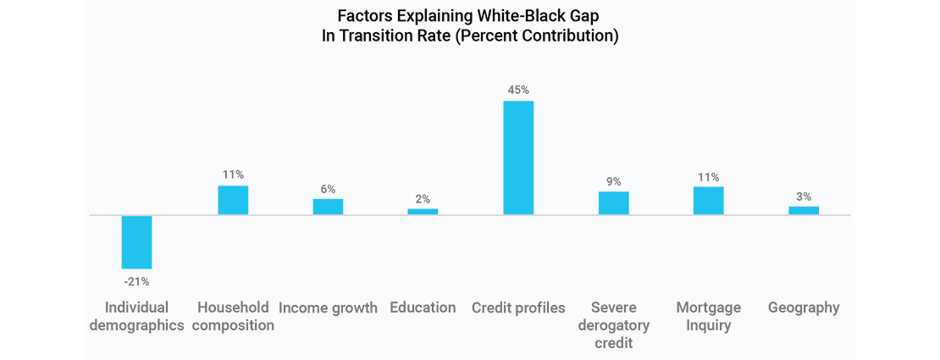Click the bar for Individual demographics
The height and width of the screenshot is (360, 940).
point(136,242)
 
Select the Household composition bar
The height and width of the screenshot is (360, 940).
point(233,200)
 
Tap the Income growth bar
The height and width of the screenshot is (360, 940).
point(328,207)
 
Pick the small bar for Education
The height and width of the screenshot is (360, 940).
point(423,211)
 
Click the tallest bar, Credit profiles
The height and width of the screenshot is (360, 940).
point(518,158)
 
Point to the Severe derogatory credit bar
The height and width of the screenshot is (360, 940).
point(613,203)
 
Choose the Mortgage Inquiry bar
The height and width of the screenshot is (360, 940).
point(708,201)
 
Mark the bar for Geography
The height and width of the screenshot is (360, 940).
point(804,210)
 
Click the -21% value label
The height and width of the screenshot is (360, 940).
point(136,281)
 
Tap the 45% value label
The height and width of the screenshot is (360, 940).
point(518,89)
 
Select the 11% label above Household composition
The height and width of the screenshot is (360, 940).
point(233,174)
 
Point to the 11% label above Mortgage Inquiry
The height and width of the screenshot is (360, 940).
point(708,177)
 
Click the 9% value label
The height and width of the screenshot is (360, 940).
point(613,181)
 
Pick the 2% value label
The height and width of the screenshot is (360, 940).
point(423,199)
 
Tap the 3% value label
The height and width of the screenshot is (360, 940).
point(804,197)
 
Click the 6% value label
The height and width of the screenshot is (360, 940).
point(328,189)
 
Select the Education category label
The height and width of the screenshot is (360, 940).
point(423,307)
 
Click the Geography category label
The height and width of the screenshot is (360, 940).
point(804,307)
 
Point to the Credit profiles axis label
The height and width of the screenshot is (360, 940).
point(518,307)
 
